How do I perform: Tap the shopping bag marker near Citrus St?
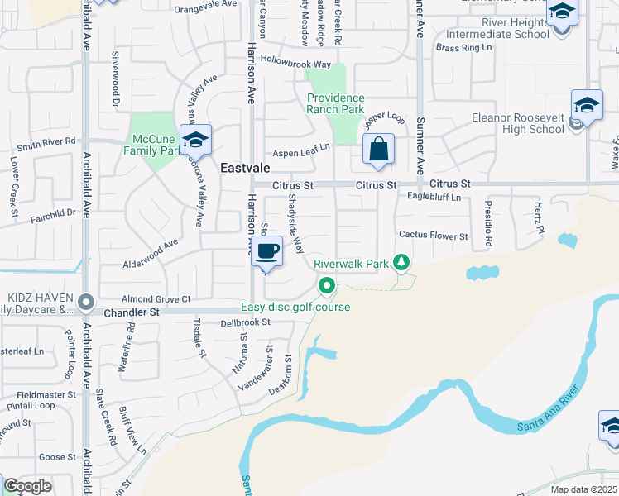tap(378, 150)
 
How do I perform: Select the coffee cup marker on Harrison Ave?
tap(266, 251)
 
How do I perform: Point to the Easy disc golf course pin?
tap(327, 286)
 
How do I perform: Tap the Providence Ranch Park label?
tap(335, 103)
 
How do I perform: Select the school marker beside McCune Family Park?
tap(195, 141)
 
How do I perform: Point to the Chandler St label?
tap(132, 312)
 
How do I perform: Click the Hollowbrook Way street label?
tap(295, 63)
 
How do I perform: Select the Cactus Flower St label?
tap(433, 236)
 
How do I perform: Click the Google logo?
tap(27, 486)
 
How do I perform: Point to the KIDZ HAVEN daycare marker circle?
tap(85, 303)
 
